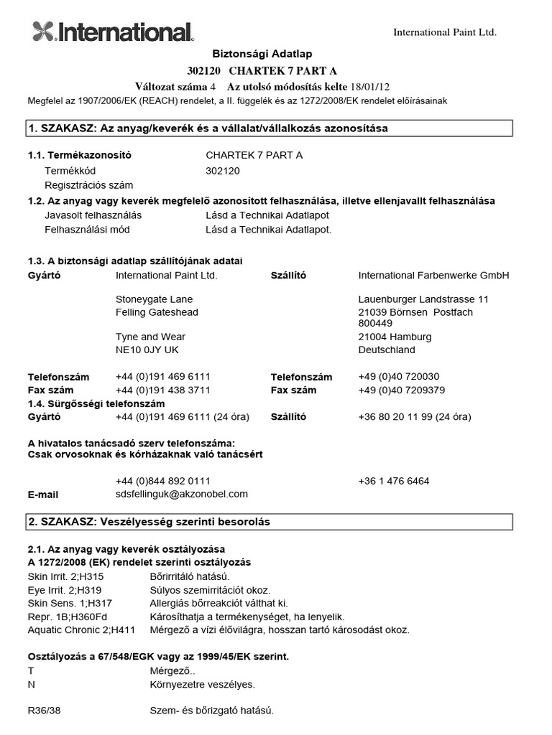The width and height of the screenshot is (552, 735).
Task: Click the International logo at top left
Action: click(x=113, y=31)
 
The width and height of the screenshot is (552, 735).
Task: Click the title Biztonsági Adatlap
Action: click(x=261, y=54)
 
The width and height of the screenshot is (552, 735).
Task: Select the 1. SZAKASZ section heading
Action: click(x=208, y=128)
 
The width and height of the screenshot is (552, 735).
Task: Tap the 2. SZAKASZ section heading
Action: click(x=149, y=522)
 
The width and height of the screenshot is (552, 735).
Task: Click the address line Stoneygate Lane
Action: click(x=154, y=299)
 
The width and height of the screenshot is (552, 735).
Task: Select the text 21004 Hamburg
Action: click(x=395, y=337)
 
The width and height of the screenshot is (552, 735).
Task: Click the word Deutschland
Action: click(x=387, y=350)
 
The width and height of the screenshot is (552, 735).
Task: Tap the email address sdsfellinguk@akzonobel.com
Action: click(x=181, y=494)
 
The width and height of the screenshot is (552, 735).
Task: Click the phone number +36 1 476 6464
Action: click(x=393, y=481)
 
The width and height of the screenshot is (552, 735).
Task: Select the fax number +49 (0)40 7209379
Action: click(x=401, y=390)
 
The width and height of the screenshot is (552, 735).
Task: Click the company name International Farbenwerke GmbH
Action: click(x=433, y=275)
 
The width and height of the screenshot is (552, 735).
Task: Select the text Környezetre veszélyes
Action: click(x=201, y=684)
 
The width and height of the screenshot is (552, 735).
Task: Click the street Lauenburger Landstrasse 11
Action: click(x=423, y=299)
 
